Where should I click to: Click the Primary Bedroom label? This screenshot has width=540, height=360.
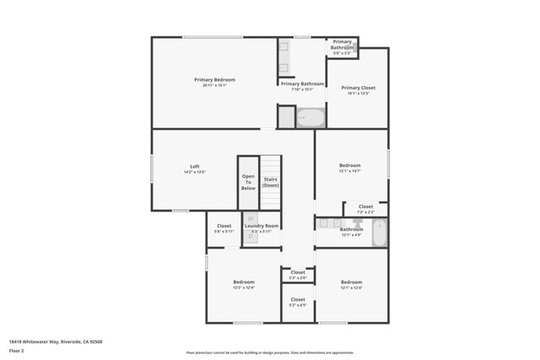click(x=213, y=80)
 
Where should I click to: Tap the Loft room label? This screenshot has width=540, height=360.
click(x=194, y=166)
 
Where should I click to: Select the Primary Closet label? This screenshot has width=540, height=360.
click(x=358, y=88)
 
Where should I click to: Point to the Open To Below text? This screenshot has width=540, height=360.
click(x=248, y=182)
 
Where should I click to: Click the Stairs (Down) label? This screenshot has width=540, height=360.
click(x=271, y=181)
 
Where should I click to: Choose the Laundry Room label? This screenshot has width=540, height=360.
click(x=262, y=226)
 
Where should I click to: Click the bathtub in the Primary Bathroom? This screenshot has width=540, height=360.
click(x=310, y=117)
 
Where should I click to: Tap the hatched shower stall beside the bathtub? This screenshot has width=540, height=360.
click(x=287, y=117)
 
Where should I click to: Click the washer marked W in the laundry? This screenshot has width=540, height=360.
click(x=251, y=220)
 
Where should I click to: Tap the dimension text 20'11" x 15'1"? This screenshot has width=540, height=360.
click(x=213, y=86)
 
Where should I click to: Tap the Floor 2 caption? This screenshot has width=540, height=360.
click(x=17, y=350)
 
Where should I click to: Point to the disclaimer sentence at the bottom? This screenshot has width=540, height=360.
click(x=270, y=352)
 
